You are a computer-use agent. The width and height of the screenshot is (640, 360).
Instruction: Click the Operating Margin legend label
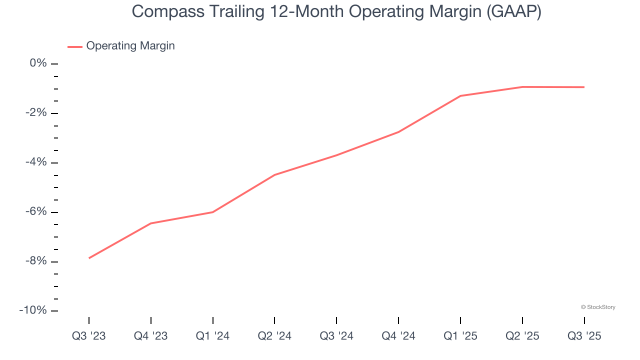point(130,46)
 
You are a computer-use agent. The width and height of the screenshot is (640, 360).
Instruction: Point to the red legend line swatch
point(75,46)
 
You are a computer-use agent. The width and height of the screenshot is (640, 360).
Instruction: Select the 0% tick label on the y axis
point(38,63)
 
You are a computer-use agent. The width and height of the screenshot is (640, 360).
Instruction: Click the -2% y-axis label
point(35,113)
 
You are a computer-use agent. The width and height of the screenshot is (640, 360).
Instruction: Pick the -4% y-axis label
point(35,162)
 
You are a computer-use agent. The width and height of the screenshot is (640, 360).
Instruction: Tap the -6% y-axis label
point(35,212)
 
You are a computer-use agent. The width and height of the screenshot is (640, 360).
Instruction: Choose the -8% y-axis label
point(35,261)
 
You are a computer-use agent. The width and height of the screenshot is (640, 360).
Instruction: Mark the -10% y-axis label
point(33,311)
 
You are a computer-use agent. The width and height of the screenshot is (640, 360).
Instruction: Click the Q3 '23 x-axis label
point(89,336)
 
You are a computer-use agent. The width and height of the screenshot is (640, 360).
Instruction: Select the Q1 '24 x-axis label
point(213,336)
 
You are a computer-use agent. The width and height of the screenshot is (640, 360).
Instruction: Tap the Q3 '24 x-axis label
point(336,336)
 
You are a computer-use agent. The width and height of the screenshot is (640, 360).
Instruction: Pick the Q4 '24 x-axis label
point(398,336)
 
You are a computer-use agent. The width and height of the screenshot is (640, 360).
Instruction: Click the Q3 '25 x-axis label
point(584,336)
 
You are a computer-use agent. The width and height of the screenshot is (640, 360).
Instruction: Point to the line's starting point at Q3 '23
point(89,258)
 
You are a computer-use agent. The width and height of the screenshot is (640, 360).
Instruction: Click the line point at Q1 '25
point(460,96)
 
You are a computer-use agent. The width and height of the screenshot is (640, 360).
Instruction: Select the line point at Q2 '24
point(274,175)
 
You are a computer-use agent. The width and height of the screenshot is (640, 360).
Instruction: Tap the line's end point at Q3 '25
point(584,87)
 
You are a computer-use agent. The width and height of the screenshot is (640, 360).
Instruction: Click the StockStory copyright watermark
point(598,307)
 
